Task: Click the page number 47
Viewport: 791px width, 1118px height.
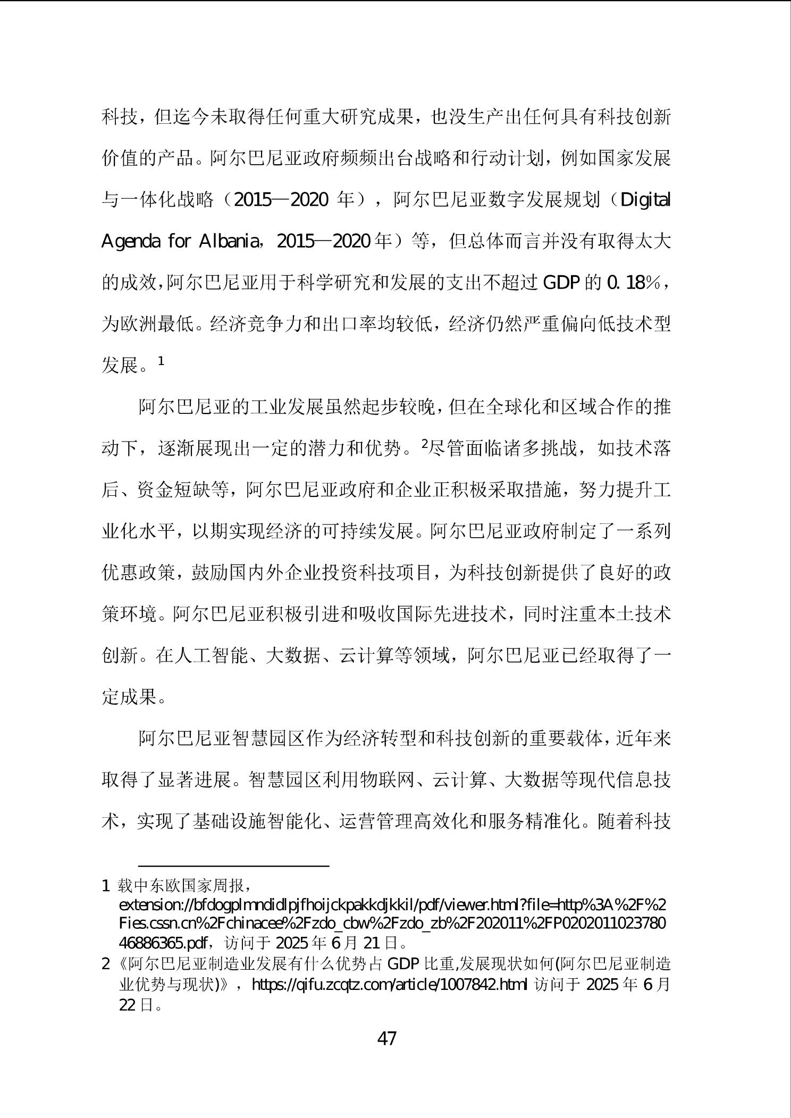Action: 386,1038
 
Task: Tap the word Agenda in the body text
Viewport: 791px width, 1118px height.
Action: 131,242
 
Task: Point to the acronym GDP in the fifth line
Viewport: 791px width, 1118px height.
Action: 561,283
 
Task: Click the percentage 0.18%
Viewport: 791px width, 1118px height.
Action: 633,283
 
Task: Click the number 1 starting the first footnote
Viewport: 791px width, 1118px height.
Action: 105,886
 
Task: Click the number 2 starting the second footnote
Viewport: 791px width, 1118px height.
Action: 105,963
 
